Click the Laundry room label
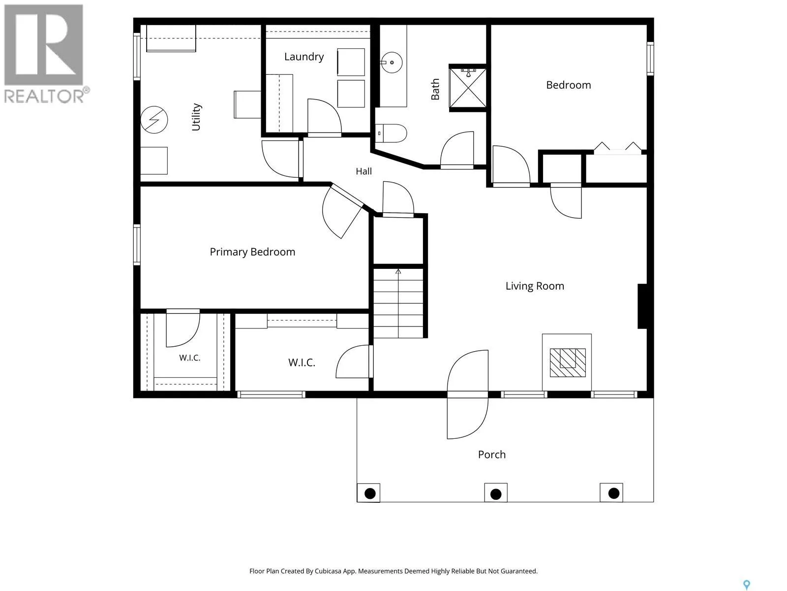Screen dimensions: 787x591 pos(303,57)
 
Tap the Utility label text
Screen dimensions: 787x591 pos(196,117)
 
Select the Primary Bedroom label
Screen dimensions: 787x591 pos(252,252)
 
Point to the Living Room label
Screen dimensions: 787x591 pos(535,286)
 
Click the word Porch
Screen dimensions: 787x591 pos(491,455)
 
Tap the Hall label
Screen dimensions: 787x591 pos(363,171)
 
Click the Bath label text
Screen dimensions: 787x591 pos(435,89)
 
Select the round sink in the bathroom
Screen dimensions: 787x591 pos(392,63)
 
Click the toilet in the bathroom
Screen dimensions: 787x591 pos(391,133)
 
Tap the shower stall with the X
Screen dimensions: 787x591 pos(468,88)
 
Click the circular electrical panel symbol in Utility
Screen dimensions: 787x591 pos(154,120)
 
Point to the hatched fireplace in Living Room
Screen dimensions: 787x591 pos(568,362)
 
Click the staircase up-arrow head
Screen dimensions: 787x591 pos(398,272)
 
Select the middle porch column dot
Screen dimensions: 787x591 pos(495,494)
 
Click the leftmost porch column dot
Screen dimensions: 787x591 pos(370,493)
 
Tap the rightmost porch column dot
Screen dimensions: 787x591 pos(613,493)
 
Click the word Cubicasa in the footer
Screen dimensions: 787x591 pos(328,571)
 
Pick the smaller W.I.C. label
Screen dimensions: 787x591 pos(190,358)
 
